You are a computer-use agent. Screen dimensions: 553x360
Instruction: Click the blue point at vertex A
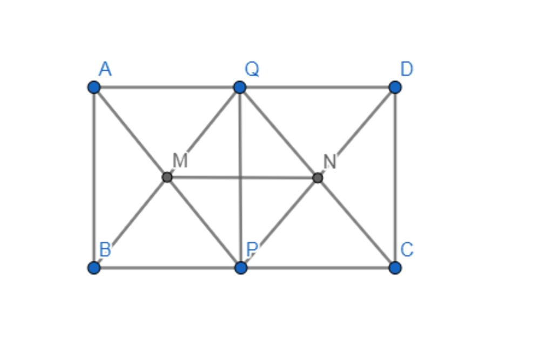(94, 87)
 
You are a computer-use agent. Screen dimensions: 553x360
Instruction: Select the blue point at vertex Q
(240, 87)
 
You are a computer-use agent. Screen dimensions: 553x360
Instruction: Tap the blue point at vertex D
(395, 87)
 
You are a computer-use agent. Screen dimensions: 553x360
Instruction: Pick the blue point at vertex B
(94, 268)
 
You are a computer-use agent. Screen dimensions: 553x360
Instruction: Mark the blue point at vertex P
(240, 268)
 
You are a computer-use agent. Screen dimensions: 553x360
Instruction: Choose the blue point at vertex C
(395, 268)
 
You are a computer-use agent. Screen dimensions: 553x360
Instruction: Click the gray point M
(167, 177)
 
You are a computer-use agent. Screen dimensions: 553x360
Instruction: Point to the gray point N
(318, 178)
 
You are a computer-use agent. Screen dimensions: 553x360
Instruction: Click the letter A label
(105, 69)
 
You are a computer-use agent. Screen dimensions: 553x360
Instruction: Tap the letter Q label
(252, 69)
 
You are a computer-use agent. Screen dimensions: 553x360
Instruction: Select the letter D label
(407, 69)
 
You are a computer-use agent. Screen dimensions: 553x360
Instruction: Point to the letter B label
(105, 250)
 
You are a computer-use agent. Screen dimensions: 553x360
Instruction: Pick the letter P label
(252, 250)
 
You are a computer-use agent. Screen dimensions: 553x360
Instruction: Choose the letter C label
(407, 250)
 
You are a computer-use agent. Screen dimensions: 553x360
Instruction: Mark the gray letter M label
(180, 161)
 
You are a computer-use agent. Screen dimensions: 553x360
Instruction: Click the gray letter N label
(330, 162)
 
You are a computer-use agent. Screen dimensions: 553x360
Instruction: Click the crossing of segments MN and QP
(240, 178)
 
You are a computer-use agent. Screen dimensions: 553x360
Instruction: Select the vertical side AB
(94, 178)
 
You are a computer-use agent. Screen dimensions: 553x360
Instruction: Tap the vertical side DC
(395, 178)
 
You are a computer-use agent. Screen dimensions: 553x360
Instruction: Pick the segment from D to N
(356, 132)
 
